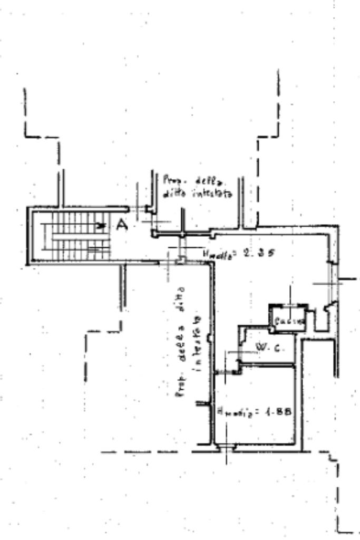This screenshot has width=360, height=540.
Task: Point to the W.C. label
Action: click(264, 348)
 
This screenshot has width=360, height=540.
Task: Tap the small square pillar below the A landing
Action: click(180, 259)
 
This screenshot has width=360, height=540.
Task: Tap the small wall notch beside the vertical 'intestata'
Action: click(210, 337)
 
